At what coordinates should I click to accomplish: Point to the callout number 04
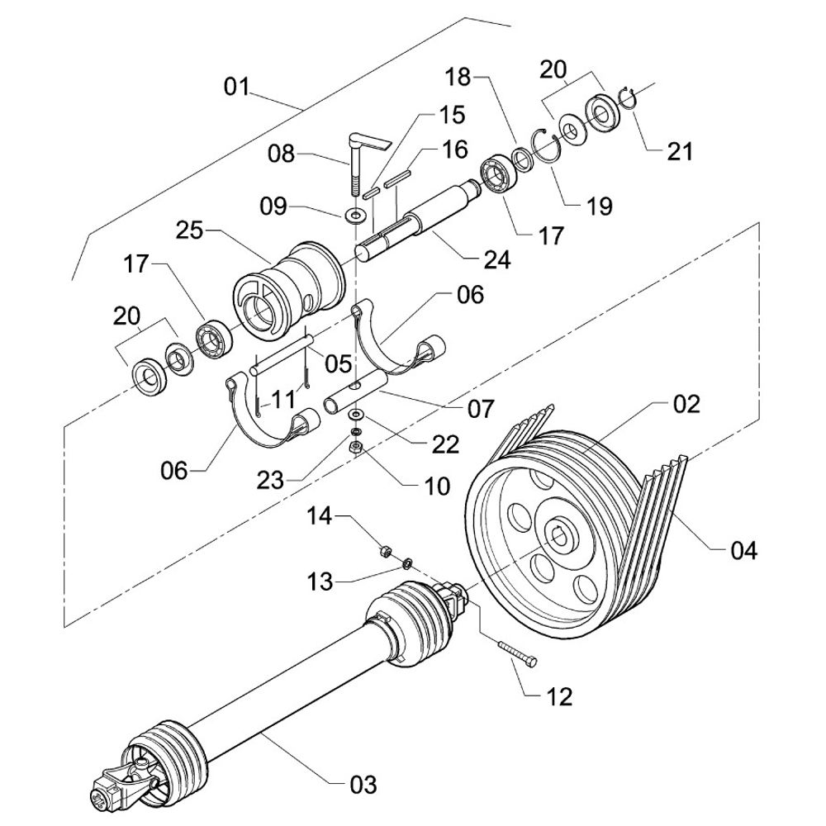pos(740,549)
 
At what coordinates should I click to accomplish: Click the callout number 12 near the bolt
pos(559,696)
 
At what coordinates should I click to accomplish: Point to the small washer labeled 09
pos(355,216)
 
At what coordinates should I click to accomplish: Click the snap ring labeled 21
pos(628,97)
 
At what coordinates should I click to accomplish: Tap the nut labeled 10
pos(357,449)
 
